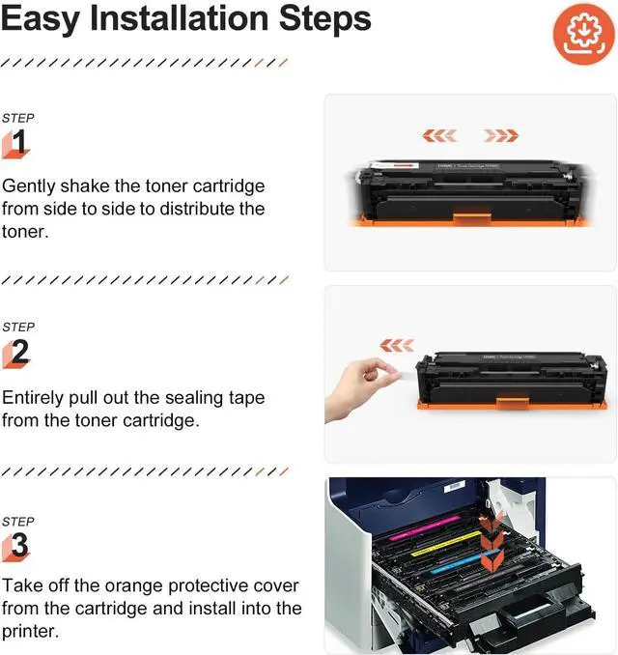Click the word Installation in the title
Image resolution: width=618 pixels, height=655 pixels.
click(x=180, y=18)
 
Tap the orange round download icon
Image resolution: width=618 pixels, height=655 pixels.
click(x=584, y=34)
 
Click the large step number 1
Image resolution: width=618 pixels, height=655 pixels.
click(x=19, y=142)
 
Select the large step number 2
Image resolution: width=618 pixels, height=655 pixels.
click(x=20, y=352)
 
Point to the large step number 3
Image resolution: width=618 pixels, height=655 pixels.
click(x=20, y=545)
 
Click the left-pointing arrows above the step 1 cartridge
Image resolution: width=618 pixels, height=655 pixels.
click(x=439, y=136)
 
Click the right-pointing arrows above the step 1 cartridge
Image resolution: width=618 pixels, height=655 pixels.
click(x=500, y=136)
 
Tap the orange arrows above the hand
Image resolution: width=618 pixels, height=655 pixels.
click(x=397, y=346)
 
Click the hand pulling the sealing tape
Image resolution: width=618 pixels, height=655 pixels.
click(x=361, y=388)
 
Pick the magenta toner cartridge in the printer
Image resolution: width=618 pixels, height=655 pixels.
click(x=425, y=527)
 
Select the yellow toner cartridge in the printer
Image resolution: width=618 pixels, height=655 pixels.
click(x=447, y=544)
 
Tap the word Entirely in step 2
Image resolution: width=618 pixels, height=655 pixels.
click(x=32, y=398)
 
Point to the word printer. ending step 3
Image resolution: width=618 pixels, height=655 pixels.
click(x=30, y=631)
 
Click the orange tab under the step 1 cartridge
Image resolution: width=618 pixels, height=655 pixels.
click(x=472, y=219)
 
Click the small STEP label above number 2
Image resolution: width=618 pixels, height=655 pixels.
click(x=18, y=327)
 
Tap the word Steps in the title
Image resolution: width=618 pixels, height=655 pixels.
click(x=324, y=19)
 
